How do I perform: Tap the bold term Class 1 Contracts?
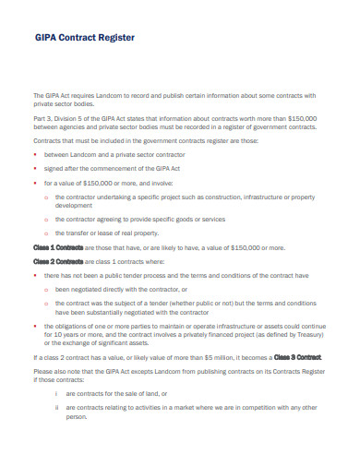58,248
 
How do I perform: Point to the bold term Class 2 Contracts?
58,261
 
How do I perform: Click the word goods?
173,220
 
